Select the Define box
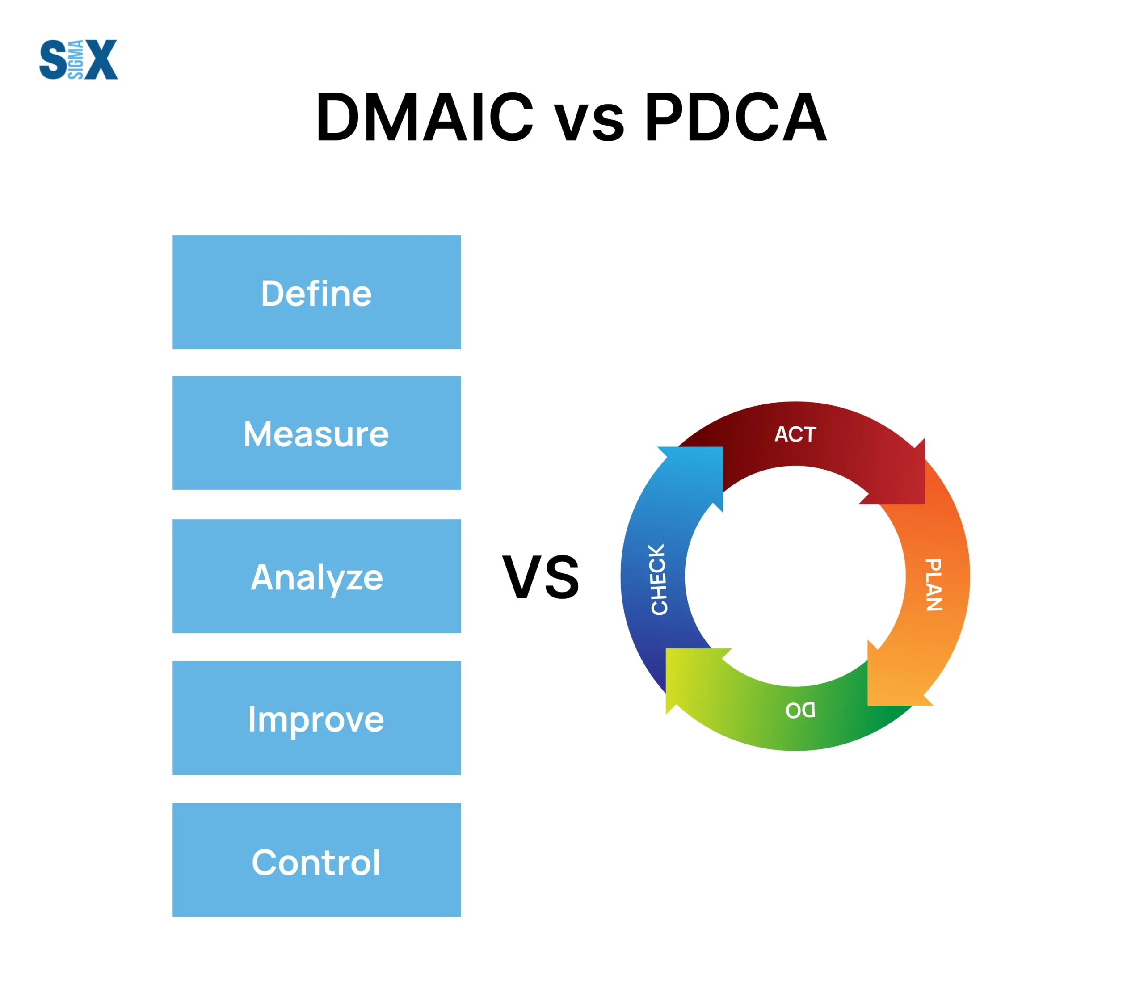(317, 292)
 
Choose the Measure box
(317, 433)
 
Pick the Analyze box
(317, 576)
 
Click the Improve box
(317, 718)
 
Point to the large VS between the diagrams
(541, 577)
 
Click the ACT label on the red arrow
(795, 434)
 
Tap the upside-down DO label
(800, 711)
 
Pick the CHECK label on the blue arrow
(659, 579)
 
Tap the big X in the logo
(101, 59)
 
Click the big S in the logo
(53, 59)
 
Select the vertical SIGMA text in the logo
(76, 60)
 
